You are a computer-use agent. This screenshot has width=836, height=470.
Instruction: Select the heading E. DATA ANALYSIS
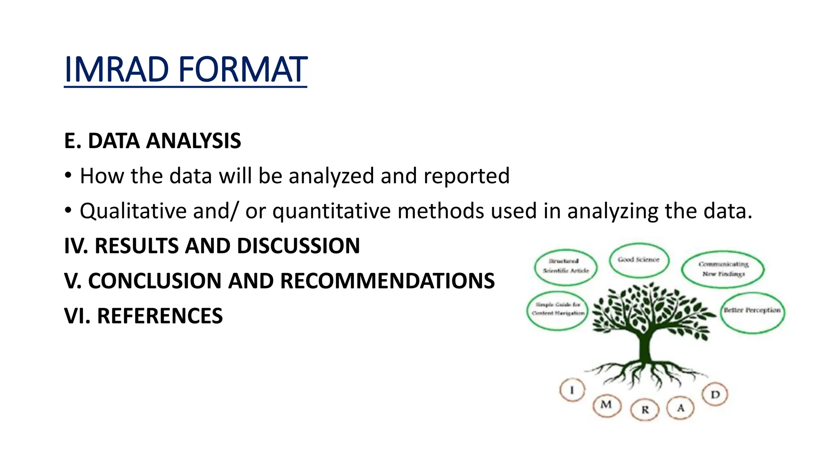coord(152,141)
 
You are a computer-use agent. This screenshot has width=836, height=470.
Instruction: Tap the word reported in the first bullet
coord(466,176)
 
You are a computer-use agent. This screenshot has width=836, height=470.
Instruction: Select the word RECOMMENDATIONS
coord(387,281)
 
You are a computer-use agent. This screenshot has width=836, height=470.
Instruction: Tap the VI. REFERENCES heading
coord(143,316)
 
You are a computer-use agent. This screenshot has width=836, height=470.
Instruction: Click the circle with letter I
coord(572,390)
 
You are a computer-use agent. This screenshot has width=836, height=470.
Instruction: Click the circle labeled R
coord(645,409)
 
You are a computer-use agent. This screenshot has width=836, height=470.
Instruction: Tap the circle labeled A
coord(680,408)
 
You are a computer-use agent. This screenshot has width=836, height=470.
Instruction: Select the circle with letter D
coord(715,395)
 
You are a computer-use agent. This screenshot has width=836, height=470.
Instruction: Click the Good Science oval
coord(639,260)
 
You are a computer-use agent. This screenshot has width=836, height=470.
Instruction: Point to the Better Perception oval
coord(752,312)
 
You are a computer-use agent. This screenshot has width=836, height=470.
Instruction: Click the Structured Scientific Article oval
coord(566,266)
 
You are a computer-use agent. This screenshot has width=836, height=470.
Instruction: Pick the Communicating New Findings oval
coord(723,269)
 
